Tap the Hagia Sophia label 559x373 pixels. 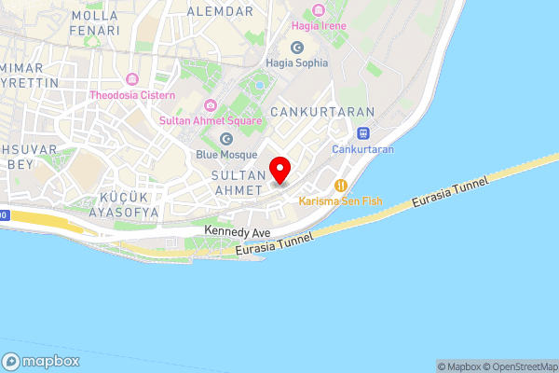tap(297, 62)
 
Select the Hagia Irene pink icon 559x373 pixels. tap(320, 9)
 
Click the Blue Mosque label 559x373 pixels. tap(226, 154)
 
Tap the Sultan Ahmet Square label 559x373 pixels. tap(210, 120)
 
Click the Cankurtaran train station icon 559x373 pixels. tap(365, 133)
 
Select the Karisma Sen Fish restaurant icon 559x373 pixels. tap(341, 185)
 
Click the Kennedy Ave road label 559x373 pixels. tap(237, 230)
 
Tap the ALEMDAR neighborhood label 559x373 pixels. tap(220, 11)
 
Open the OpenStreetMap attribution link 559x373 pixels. tap(517, 366)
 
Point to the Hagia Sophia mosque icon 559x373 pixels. tap(297, 47)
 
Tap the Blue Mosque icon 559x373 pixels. tap(225, 138)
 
